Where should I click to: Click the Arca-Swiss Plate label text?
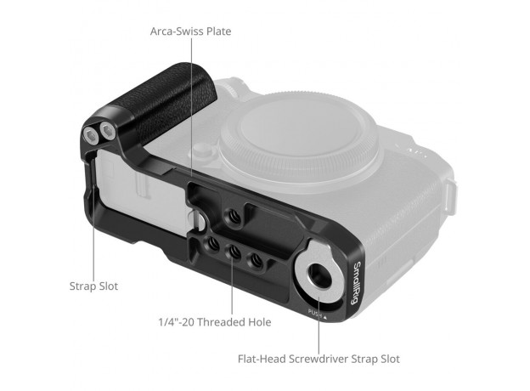click(x=190, y=31)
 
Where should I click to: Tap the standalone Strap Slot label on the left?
click(x=93, y=286)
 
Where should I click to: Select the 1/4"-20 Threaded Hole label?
click(x=215, y=322)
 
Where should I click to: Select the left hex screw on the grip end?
click(x=91, y=137)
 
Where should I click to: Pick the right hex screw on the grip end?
click(x=108, y=131)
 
